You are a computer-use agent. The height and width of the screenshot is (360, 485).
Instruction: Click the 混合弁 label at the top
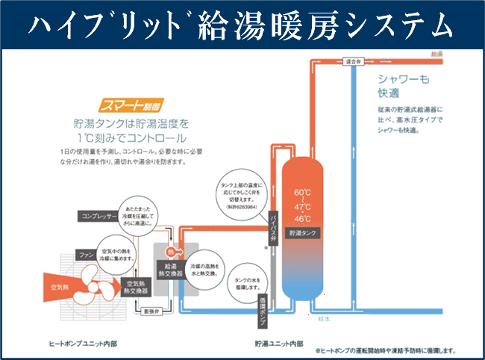point(354,62)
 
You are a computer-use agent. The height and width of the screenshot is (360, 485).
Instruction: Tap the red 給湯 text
point(436,55)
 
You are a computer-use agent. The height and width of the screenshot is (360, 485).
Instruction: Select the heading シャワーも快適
point(401,87)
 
